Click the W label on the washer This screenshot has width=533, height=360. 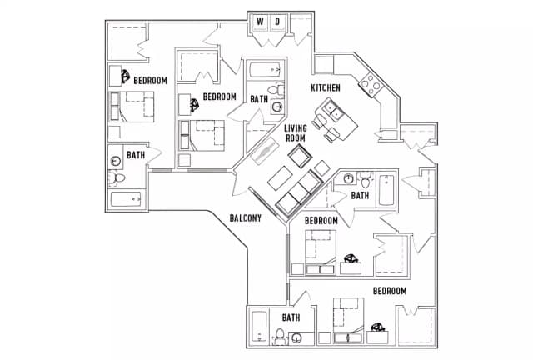click(x=260, y=21)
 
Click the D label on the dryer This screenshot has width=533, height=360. click(x=278, y=21)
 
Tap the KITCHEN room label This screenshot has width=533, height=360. click(x=326, y=87)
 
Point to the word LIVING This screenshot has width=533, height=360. click(x=296, y=128)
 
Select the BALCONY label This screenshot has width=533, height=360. click(x=246, y=218)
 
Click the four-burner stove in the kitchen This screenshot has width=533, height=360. click(x=370, y=83)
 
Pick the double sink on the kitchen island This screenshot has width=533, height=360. click(x=336, y=108)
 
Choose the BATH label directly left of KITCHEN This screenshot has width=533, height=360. click(x=259, y=98)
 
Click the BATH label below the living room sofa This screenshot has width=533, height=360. click(x=360, y=195)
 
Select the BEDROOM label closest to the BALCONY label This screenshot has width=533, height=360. click(x=321, y=220)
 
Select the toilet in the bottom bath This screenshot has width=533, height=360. click(x=281, y=337)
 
